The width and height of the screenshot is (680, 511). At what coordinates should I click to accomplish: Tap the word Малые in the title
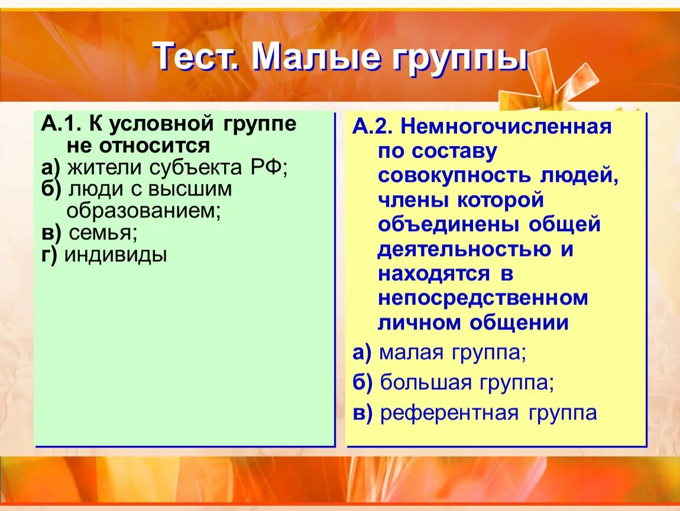coord(316,57)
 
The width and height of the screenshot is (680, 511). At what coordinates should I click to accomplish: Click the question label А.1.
coord(61,124)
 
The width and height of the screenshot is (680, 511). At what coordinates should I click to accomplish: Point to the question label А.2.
coord(373,127)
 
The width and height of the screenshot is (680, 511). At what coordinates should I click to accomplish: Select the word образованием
coord(143,211)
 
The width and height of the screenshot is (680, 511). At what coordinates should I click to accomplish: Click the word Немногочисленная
coord(506,127)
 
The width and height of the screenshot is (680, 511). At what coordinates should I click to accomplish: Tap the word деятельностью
coord(465,250)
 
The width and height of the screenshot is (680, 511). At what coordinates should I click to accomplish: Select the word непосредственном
coord(483,299)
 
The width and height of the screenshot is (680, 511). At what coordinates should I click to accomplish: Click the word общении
coord(519,324)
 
